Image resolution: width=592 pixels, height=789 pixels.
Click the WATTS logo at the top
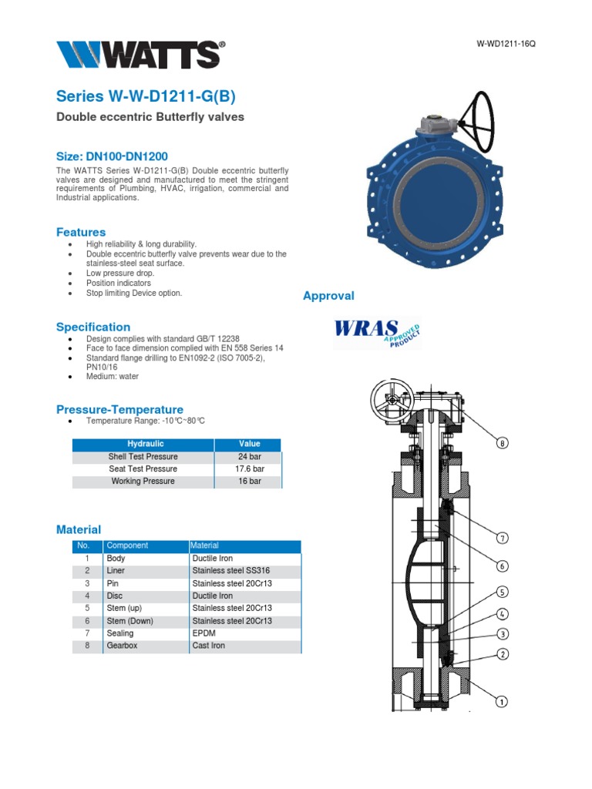click(140, 55)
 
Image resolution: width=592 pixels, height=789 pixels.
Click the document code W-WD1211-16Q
click(506, 43)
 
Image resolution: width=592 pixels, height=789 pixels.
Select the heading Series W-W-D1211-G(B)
click(146, 96)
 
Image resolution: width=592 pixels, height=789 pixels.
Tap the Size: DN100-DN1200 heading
click(112, 156)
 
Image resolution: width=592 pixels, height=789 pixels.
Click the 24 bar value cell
click(249, 456)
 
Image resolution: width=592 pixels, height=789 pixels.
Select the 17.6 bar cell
click(249, 468)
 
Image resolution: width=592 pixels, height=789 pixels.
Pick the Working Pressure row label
click(143, 481)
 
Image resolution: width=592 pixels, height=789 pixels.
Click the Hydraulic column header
click(145, 444)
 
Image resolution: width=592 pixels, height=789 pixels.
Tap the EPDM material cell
click(204, 633)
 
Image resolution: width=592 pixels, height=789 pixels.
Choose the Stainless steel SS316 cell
click(231, 571)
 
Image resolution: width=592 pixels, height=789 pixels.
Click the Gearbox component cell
click(122, 646)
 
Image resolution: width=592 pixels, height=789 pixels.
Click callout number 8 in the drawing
click(503, 443)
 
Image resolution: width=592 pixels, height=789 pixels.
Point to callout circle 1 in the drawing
click(502, 701)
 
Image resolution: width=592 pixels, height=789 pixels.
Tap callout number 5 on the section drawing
click(502, 592)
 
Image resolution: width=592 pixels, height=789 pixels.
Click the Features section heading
click(81, 232)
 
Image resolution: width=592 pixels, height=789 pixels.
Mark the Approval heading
click(328, 296)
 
